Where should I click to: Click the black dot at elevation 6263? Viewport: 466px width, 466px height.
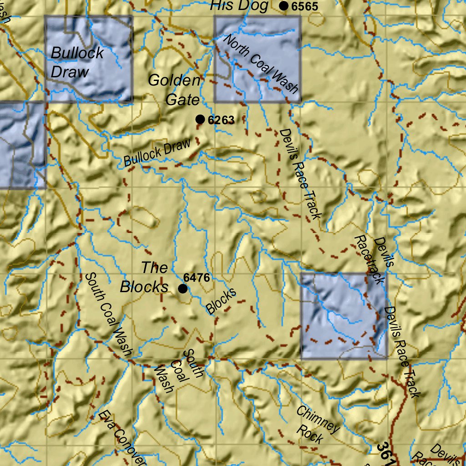click(200, 119)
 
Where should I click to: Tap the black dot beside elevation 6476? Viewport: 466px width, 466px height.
click(183, 289)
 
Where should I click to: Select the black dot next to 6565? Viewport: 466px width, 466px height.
click(284, 6)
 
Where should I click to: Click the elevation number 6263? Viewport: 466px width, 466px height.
click(221, 120)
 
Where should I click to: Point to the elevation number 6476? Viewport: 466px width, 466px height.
click(197, 277)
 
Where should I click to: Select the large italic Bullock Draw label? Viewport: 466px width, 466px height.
click(77, 62)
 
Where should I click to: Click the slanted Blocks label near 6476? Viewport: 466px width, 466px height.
click(221, 301)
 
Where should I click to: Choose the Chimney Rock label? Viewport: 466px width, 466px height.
click(318, 425)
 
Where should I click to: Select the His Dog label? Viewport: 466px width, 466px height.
click(238, 6)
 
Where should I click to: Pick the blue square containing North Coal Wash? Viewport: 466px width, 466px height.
click(257, 59)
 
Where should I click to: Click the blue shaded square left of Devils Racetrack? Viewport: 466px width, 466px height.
click(344, 316)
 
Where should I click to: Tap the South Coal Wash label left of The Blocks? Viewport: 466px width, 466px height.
click(108, 314)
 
